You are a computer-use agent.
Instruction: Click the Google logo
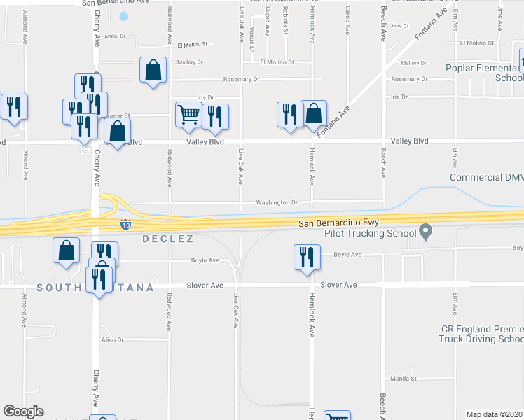(23, 412)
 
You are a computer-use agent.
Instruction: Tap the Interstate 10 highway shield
(125, 225)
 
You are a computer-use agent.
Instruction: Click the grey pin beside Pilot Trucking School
(425, 232)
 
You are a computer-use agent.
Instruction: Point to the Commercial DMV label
(486, 178)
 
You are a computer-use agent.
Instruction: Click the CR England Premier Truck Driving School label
(481, 334)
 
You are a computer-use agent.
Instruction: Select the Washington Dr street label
(277, 203)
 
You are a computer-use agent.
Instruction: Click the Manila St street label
(404, 378)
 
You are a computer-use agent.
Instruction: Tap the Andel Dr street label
(113, 36)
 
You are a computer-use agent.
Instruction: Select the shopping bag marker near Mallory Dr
(153, 70)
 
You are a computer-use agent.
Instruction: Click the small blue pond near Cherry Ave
(124, 16)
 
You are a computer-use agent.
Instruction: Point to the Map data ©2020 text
(495, 414)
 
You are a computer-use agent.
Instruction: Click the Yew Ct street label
(400, 25)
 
